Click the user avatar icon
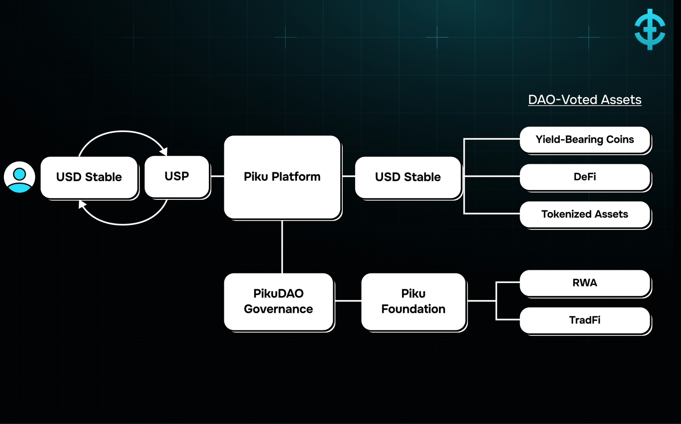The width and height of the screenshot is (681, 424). pyautogui.click(x=20, y=177)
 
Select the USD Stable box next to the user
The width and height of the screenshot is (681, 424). pyautogui.click(x=89, y=177)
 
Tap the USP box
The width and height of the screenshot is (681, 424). pyautogui.click(x=177, y=176)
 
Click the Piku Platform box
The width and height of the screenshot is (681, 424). pyautogui.click(x=282, y=177)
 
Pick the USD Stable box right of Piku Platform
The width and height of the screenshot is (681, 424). pyautogui.click(x=408, y=177)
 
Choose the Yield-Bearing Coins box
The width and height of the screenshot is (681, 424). pyautogui.click(x=585, y=140)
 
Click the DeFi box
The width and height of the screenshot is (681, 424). pyautogui.click(x=585, y=177)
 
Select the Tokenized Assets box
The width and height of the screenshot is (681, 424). pyautogui.click(x=585, y=214)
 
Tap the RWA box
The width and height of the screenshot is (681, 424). pyautogui.click(x=585, y=283)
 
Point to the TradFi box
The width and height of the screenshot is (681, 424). pyautogui.click(x=585, y=320)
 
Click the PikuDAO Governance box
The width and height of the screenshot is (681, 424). pyautogui.click(x=278, y=301)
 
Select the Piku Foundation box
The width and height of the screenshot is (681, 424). pyautogui.click(x=413, y=301)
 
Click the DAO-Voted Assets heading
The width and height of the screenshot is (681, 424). pyautogui.click(x=585, y=100)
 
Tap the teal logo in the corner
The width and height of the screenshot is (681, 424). pyautogui.click(x=650, y=29)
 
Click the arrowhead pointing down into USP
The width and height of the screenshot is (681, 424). pyautogui.click(x=164, y=151)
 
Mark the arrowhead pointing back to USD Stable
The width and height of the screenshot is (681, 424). pyautogui.click(x=82, y=205)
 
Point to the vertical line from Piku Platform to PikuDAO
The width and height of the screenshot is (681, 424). pyautogui.click(x=282, y=246)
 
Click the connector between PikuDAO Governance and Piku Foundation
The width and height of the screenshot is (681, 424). pyautogui.click(x=348, y=301)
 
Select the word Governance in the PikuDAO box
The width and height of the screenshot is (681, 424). pyautogui.click(x=278, y=309)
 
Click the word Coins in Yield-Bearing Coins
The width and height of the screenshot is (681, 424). pyautogui.click(x=620, y=140)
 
